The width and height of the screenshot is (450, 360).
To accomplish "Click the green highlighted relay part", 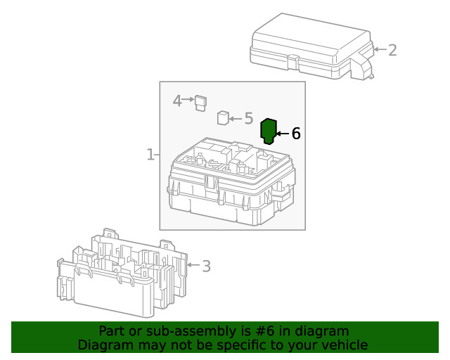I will click(269, 131).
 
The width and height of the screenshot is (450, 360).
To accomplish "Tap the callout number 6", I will click(296, 133).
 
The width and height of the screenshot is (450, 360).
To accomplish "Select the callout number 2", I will click(392, 50).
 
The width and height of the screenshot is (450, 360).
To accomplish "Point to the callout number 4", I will click(178, 101).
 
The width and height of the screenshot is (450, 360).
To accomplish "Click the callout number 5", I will click(248, 119).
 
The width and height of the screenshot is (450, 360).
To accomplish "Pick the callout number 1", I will click(150, 154).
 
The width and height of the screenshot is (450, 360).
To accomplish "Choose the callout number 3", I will click(206, 266).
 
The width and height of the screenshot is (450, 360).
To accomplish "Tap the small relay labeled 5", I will click(223, 117).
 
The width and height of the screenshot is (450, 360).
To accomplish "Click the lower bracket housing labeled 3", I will click(120, 274).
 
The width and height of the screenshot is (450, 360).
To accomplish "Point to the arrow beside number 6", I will click(282, 133).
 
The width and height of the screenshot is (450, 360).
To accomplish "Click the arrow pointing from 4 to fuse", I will click(188, 101).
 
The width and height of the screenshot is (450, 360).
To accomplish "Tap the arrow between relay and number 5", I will click(236, 119).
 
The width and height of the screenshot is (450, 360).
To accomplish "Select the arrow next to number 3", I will click(193, 266).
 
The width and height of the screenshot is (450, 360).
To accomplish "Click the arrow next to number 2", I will click(380, 50).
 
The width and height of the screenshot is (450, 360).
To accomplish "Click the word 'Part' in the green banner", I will click(112, 331).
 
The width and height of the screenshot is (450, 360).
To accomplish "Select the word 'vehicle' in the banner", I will click(342, 345).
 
